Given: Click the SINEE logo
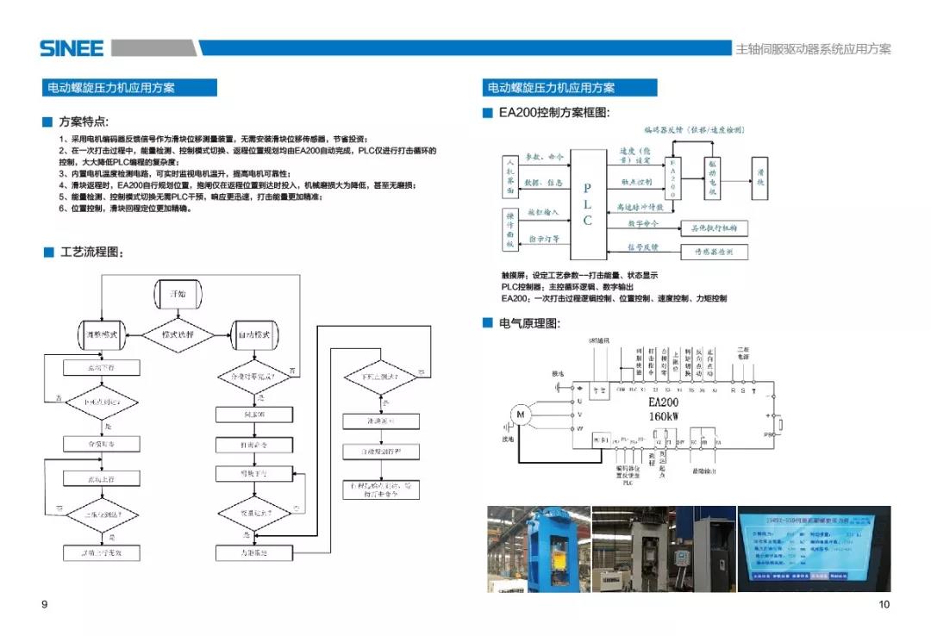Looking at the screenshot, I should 71,48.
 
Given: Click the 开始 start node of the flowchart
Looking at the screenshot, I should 178,294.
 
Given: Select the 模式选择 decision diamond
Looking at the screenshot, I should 178,334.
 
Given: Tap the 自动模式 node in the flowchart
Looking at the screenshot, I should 254,334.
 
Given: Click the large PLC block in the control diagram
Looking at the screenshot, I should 588,203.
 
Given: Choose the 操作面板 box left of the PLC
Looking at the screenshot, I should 509,229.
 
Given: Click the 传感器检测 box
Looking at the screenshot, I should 714,252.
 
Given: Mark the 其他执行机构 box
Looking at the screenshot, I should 714,228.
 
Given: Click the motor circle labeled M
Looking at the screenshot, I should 520,415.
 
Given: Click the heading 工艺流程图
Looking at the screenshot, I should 91,253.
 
